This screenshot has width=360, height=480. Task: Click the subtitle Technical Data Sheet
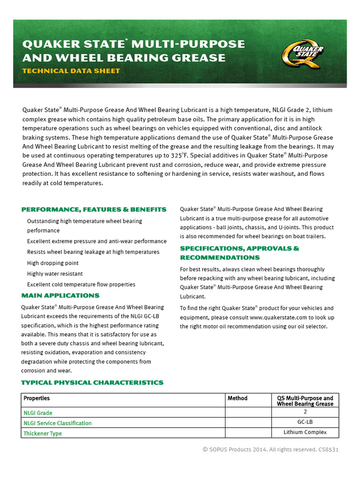click(71, 71)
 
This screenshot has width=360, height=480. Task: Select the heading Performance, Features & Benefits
click(94, 210)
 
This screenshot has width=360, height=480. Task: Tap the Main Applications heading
click(60, 296)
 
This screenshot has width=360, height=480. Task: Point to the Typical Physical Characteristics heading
click(92, 382)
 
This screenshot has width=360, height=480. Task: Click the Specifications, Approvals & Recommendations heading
click(240, 253)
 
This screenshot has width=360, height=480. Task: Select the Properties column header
click(37, 398)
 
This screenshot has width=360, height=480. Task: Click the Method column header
click(238, 398)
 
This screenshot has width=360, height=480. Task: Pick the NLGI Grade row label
click(38, 413)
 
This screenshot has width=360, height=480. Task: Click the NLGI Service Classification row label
click(58, 423)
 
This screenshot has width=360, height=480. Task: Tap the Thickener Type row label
click(43, 434)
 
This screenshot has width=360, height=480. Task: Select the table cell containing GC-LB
click(305, 422)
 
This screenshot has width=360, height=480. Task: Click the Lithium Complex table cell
click(305, 432)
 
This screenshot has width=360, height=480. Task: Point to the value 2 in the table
click(305, 412)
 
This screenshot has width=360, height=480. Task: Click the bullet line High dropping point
click(53, 263)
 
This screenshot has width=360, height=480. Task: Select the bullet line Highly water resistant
click(55, 274)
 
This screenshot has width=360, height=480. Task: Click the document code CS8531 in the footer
click(329, 450)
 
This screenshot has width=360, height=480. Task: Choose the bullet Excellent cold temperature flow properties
click(81, 285)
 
